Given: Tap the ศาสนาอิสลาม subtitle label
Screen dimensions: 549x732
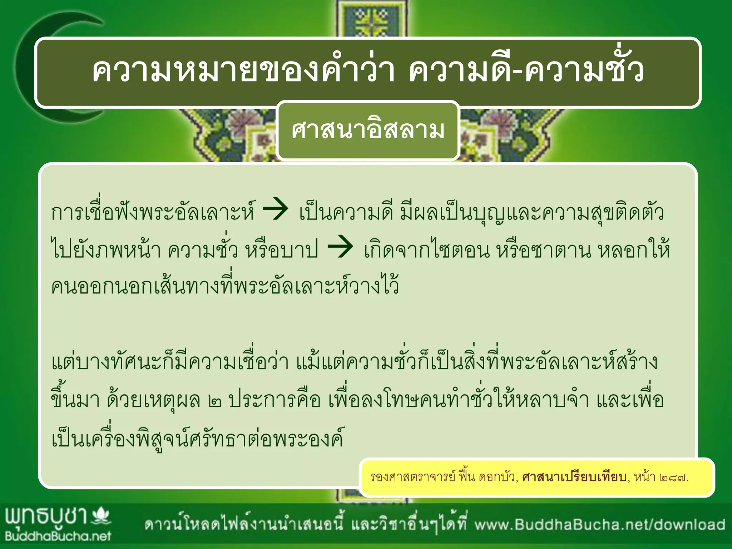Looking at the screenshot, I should [x=368, y=130].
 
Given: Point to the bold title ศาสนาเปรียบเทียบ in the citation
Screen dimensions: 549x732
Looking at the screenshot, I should [x=574, y=477].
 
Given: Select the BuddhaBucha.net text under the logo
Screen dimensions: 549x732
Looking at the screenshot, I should [x=58, y=536].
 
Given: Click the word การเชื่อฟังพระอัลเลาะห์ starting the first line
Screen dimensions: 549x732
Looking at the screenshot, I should [x=154, y=212].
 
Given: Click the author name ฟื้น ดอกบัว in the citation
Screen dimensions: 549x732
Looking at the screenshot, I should [x=488, y=477].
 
